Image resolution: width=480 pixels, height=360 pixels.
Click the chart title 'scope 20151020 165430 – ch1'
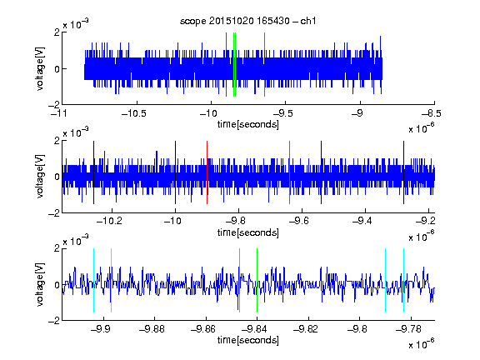(x=247, y=21)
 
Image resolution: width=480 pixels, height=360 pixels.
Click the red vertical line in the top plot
(x=226, y=65)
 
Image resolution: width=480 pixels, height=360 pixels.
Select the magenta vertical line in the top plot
(x=264, y=65)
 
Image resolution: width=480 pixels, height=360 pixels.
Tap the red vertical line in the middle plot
(x=207, y=172)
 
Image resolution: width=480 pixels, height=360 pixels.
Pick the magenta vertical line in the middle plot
(x=290, y=172)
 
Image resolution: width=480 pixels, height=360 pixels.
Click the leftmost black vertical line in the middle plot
(x=93, y=172)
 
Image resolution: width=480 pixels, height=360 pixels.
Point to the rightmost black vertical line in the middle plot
(x=403, y=172)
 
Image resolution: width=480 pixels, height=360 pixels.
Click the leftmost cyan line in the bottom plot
(x=93, y=280)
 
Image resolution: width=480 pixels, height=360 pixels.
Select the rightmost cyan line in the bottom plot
(x=403, y=280)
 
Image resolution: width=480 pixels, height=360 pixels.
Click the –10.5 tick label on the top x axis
(x=134, y=113)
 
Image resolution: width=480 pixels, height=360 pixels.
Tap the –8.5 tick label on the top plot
(x=432, y=113)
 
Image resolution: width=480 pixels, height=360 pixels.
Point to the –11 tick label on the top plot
(x=59, y=113)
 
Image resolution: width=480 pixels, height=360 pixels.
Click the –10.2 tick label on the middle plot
(x=109, y=221)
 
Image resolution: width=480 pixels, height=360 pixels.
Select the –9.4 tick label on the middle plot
(x=362, y=221)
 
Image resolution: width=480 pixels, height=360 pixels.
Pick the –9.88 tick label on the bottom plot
(x=152, y=329)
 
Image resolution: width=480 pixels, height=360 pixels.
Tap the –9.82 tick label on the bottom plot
(x=306, y=329)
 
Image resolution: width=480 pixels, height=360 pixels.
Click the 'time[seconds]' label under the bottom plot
(x=248, y=340)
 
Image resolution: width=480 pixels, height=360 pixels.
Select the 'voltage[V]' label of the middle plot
(x=40, y=177)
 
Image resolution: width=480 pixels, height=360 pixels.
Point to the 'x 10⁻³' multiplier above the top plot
(x=76, y=24)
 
